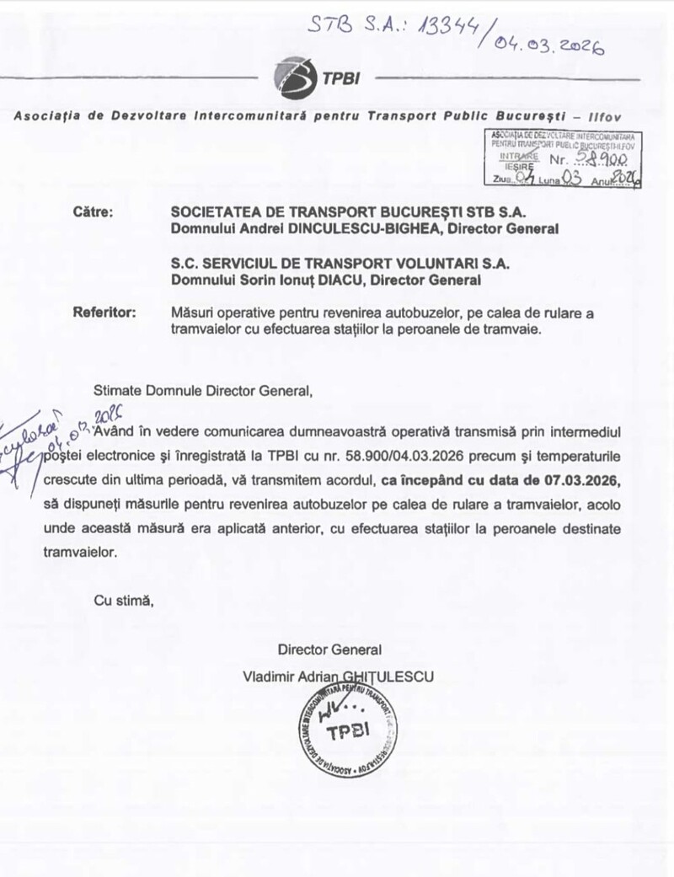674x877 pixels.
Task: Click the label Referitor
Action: click(x=104, y=313)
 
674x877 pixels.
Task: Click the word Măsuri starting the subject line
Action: click(x=193, y=313)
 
